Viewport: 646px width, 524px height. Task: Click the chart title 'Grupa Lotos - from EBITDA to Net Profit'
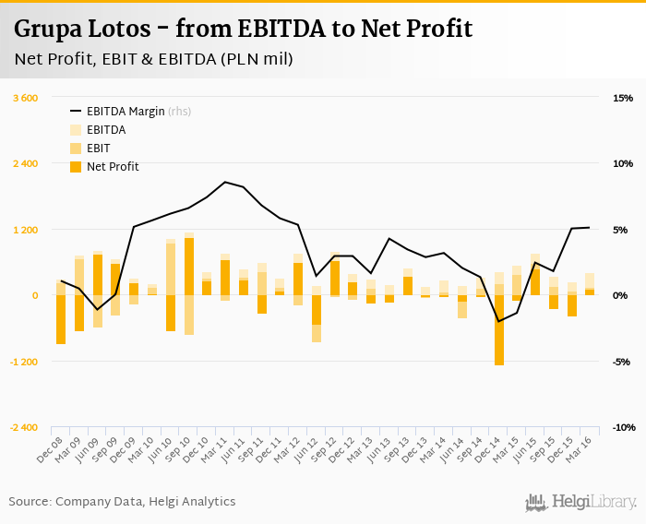[243, 29]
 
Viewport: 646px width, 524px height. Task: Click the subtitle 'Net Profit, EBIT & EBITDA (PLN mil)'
[153, 60]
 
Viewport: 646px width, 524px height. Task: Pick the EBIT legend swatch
[75, 148]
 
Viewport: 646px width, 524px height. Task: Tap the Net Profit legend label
[113, 166]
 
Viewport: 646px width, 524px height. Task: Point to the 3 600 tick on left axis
[24, 98]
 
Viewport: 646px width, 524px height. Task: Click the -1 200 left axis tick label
[22, 362]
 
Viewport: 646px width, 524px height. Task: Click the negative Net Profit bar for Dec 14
[499, 330]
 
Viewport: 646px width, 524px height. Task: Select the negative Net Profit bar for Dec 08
[61, 319]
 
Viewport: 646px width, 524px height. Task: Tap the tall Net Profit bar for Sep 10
[189, 267]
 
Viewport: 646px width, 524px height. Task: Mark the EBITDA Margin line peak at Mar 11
[225, 182]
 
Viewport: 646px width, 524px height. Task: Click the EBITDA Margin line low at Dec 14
[499, 322]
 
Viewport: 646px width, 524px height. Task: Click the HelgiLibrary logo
[581, 502]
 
